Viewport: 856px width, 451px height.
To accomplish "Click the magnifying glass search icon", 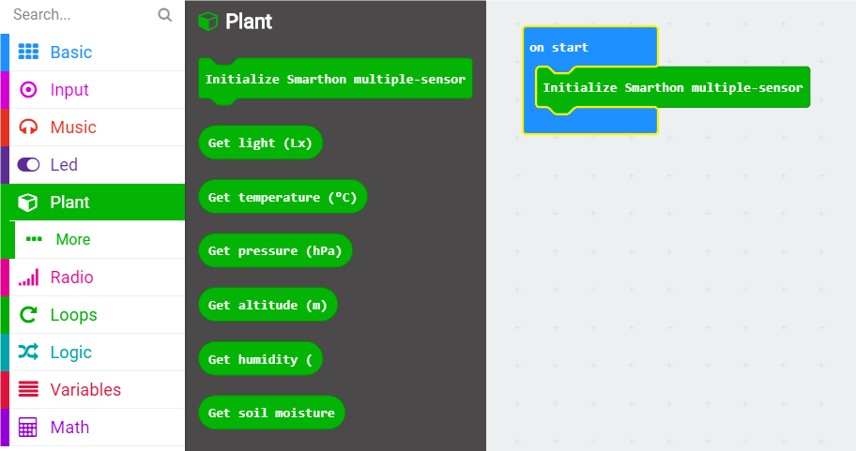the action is (164, 15).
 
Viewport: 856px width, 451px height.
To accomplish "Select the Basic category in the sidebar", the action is (71, 53).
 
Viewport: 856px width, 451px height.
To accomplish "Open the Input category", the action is (69, 90).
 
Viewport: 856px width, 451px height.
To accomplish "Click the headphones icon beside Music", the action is (28, 128).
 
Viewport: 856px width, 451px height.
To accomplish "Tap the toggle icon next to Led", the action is (28, 165).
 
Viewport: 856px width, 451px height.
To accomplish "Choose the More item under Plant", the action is (73, 239).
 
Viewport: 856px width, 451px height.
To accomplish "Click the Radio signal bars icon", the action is (28, 277).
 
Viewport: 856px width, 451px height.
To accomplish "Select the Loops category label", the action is (74, 315).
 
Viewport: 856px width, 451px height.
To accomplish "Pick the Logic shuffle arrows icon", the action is (28, 353).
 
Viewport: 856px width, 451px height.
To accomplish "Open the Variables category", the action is (85, 390).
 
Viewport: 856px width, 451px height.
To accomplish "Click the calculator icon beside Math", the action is (28, 428).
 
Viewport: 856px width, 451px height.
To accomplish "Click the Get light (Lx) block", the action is (260, 143).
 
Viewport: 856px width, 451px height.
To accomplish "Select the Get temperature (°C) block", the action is (283, 197).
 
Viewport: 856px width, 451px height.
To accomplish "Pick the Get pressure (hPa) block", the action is (275, 251).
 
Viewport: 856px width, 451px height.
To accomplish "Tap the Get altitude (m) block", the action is (268, 305).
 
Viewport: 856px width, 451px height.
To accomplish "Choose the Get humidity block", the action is (260, 359).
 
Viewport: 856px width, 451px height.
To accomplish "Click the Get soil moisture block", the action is (272, 413).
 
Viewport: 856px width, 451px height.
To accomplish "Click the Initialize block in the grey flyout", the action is (335, 80).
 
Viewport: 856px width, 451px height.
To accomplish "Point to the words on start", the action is (558, 48).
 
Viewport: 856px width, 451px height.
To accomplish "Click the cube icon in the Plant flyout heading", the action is (207, 22).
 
